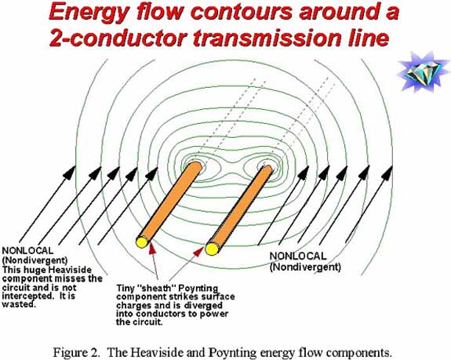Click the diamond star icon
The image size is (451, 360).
tap(423, 72)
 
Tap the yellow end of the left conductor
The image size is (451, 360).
tap(141, 242)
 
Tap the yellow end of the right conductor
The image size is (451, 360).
tap(212, 249)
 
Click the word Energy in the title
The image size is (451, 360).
tap(89, 13)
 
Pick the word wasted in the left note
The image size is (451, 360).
tap(19, 304)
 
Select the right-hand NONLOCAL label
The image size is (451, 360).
tap(298, 256)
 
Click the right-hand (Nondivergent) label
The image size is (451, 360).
tap(305, 267)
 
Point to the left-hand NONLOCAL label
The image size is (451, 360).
tap(27, 251)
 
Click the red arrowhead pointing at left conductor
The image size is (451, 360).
tap(152, 248)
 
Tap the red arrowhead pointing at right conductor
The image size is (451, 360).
tap(199, 252)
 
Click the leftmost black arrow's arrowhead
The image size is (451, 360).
tap(70, 173)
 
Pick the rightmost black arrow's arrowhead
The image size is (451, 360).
tap(387, 173)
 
